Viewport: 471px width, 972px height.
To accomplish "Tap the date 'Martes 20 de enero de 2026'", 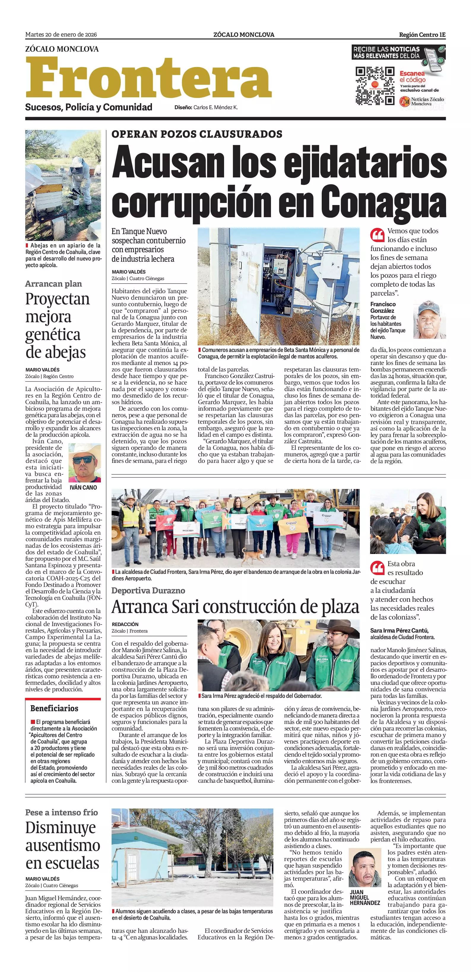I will point(61,35).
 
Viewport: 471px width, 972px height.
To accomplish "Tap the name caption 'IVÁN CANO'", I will point(83,487).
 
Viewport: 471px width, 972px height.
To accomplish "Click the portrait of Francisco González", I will point(429,320).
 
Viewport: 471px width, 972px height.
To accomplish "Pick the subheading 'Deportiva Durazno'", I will point(148,590).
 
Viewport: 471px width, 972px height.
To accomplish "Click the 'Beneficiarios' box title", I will point(54,708).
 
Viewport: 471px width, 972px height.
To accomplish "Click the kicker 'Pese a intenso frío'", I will point(61,812).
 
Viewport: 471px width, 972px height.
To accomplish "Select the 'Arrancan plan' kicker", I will point(54,284).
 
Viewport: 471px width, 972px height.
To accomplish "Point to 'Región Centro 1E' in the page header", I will point(422,35).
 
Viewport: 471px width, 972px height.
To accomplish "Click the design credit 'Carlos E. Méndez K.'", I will point(215,107).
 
